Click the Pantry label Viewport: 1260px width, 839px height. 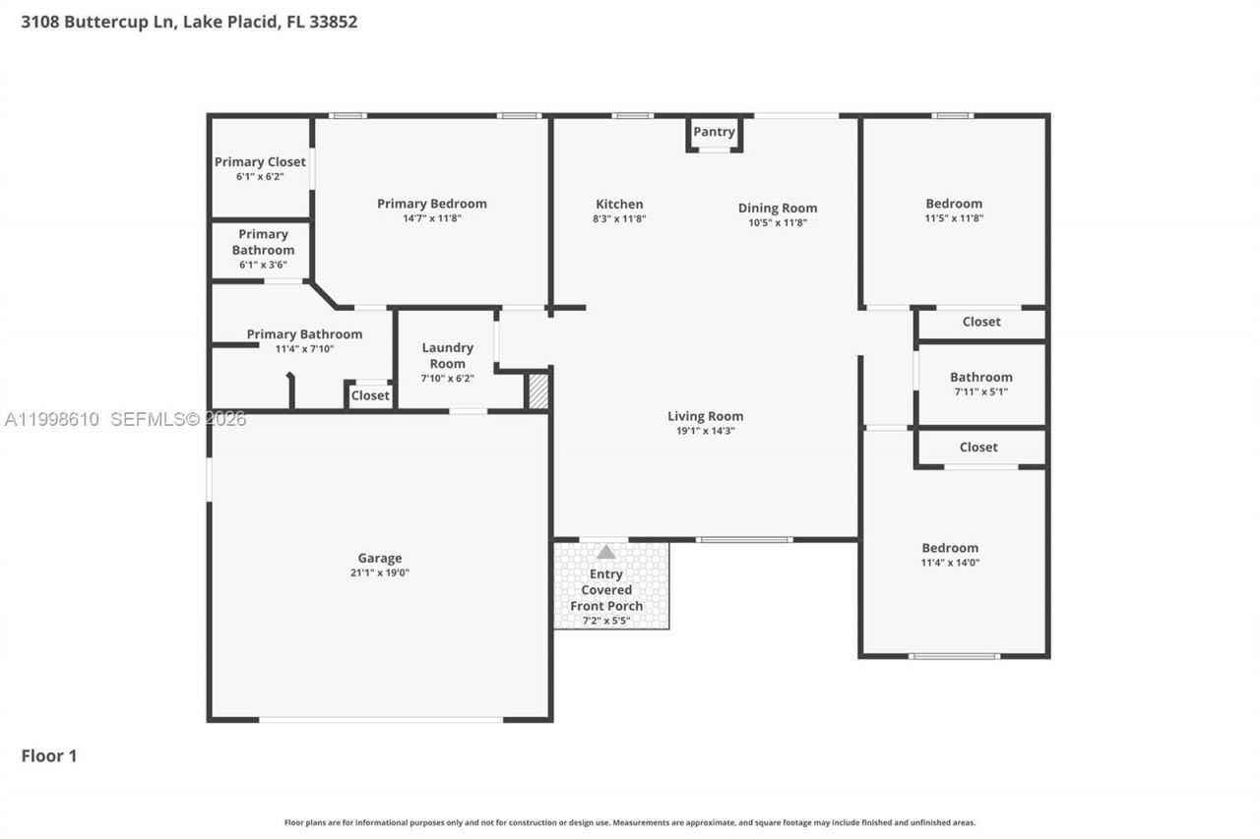coord(714,132)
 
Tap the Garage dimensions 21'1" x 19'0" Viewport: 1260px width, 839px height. coord(379,572)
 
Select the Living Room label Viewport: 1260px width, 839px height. coord(705,416)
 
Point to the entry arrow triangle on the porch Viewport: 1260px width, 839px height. coord(606,553)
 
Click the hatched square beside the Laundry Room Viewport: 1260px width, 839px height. coord(537,391)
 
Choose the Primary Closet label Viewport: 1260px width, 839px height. coord(260,162)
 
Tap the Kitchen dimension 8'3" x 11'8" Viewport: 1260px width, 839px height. coord(619,218)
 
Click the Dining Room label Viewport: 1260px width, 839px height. coord(778,209)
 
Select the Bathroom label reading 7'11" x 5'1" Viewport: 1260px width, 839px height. coord(980,378)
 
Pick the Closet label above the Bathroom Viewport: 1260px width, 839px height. coord(981,322)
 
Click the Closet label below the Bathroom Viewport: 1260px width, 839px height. coord(978,447)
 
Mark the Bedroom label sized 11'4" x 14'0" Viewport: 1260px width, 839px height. coord(950,549)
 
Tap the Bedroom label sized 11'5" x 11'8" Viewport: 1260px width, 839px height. coord(954,205)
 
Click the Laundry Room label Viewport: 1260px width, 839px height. coord(448,355)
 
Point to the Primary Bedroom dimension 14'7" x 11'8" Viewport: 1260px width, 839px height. coord(431,218)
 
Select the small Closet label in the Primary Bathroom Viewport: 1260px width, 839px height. coord(370,395)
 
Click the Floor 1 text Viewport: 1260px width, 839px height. coord(49,755)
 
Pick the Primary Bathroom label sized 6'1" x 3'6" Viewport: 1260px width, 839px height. coord(263,242)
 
